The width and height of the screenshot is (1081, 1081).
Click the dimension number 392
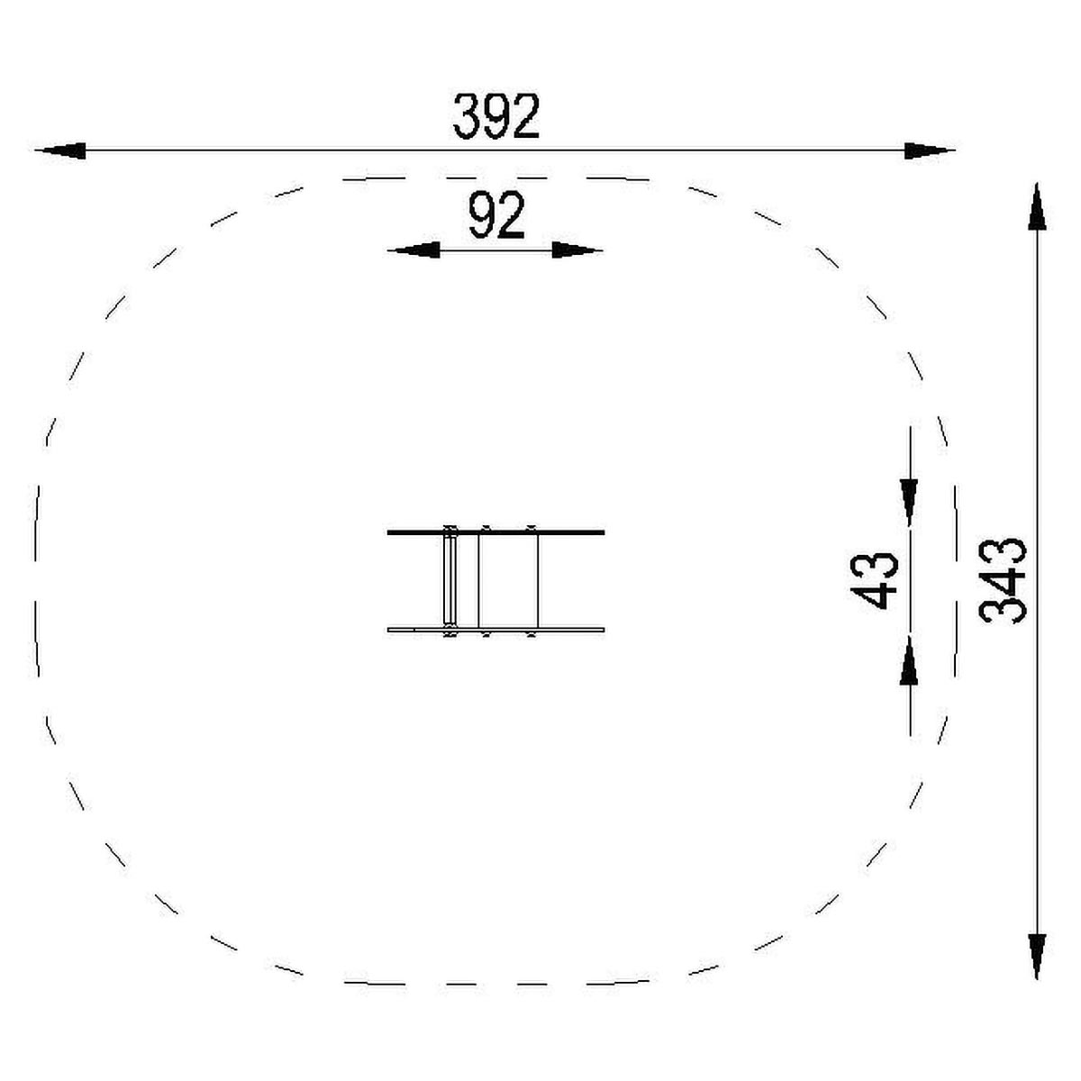[495, 116]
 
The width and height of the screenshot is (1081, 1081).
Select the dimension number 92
[496, 215]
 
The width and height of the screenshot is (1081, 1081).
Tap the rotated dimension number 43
[875, 581]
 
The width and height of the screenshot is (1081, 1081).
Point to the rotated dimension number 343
[1003, 581]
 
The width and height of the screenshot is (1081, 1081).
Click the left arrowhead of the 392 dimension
[60, 150]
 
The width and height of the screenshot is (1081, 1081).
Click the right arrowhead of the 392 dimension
[930, 150]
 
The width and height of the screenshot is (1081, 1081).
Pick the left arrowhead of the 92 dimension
[413, 250]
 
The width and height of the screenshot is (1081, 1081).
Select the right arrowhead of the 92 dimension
[577, 250]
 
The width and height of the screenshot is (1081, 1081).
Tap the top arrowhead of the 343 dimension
[1037, 206]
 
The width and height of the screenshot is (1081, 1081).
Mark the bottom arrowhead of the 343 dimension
[1037, 957]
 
